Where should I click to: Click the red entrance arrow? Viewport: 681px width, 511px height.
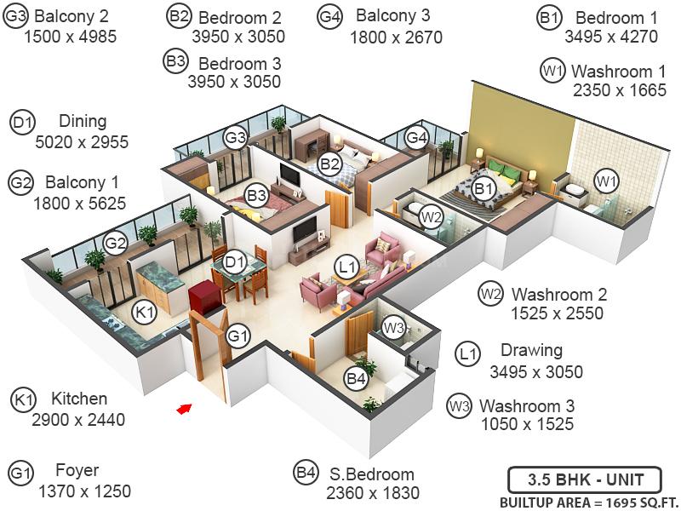[184, 409]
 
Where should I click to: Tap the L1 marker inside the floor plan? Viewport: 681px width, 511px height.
[347, 267]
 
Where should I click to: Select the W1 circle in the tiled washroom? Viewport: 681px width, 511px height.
[606, 181]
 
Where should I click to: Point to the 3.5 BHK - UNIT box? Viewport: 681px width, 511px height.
[585, 480]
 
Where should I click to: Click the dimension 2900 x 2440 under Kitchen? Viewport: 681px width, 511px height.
[78, 420]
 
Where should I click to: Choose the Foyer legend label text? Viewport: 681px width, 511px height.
[77, 470]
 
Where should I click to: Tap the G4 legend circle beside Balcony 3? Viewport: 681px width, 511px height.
[330, 17]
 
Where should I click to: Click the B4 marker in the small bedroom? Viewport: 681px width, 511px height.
[356, 378]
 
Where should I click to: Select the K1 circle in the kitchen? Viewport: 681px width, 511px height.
[145, 312]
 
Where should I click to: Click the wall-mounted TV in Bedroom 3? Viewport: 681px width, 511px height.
[289, 175]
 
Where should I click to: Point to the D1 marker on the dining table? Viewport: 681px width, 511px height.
[235, 262]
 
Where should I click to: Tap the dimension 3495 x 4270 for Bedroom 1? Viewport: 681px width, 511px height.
[611, 37]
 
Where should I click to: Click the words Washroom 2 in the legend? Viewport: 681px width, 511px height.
[559, 294]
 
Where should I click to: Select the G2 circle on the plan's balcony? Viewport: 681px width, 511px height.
[115, 244]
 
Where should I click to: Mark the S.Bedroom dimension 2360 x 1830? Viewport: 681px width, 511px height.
[373, 493]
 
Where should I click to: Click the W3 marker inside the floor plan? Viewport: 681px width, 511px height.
[394, 328]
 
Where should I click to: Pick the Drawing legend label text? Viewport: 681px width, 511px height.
[531, 350]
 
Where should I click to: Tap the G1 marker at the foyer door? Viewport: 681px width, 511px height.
[239, 336]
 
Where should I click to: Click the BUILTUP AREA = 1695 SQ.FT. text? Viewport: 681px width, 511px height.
[589, 502]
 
